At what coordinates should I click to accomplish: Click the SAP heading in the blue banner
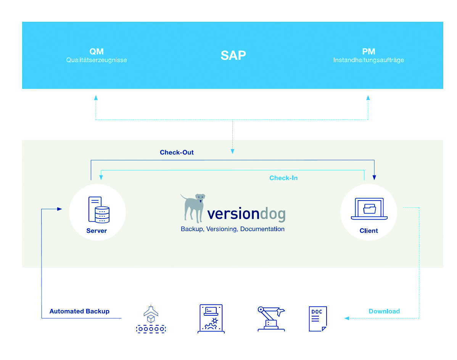coord(233,56)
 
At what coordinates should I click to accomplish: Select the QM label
coord(97,51)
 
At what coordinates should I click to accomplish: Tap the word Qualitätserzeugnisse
coord(97,60)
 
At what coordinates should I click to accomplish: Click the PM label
coord(368,51)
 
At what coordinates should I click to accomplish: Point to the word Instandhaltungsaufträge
coord(368,60)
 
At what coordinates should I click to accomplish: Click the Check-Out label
coord(177,153)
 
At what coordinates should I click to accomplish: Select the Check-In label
coord(283,178)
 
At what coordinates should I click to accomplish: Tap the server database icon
coord(99,210)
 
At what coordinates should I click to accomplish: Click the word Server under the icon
coord(97,231)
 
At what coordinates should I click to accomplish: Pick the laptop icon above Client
coord(369,209)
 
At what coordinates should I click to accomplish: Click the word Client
coord(368,231)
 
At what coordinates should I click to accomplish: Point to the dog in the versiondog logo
coord(194,207)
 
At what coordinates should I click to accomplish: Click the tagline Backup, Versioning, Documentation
coord(233,229)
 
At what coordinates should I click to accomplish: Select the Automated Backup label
coord(79,312)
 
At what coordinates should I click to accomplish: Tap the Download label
coord(384,311)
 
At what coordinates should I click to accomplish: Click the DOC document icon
coord(317,319)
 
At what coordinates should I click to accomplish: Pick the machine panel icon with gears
coord(211,319)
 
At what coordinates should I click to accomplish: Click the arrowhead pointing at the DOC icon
coord(347,318)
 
